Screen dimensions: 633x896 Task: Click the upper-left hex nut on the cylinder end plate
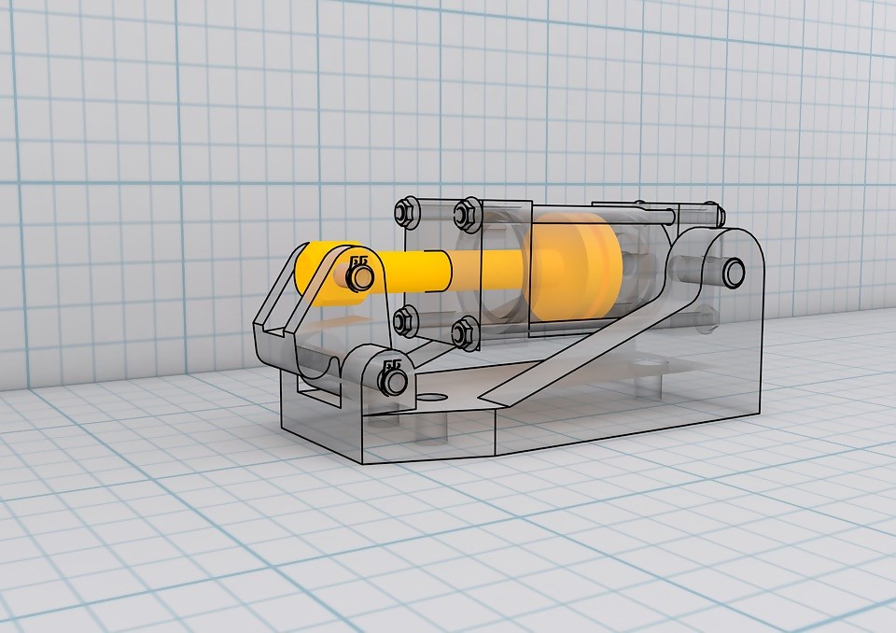click(405, 212)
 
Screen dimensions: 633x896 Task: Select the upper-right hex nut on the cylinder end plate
click(464, 214)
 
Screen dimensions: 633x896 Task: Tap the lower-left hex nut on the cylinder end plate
click(405, 320)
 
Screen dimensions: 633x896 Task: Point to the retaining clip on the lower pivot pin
click(393, 380)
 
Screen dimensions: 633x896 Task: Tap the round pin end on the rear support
click(733, 272)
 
